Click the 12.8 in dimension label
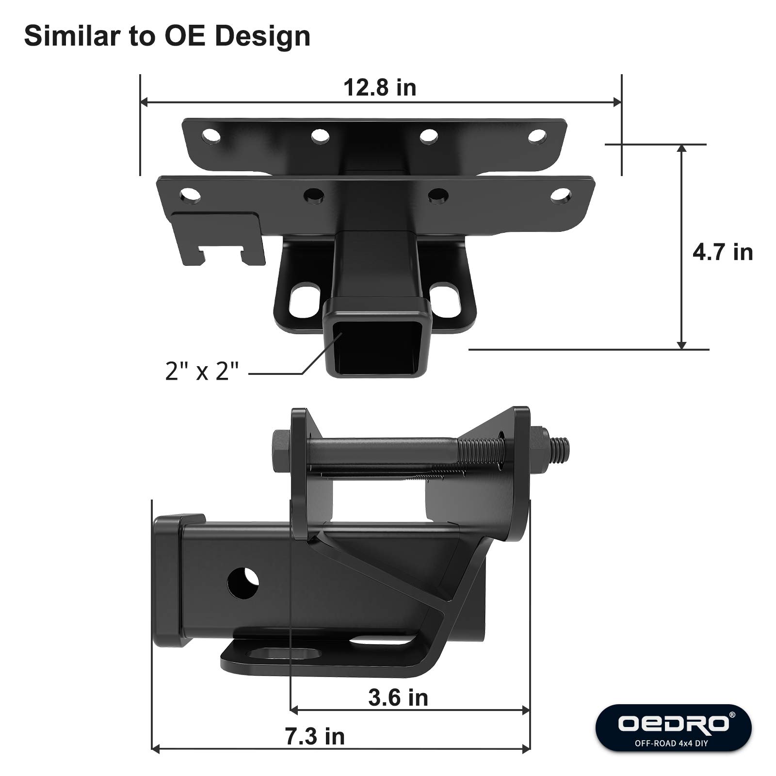(380, 88)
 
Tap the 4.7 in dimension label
(722, 253)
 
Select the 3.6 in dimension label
(398, 698)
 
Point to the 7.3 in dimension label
(315, 737)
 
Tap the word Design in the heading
(262, 36)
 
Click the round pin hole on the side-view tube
(243, 583)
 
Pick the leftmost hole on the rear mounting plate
(211, 135)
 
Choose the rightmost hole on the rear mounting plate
(537, 136)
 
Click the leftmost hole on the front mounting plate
(190, 195)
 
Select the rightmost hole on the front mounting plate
(561, 195)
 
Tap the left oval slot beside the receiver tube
(305, 300)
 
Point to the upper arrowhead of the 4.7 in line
(681, 148)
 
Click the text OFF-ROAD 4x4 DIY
(673, 743)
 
